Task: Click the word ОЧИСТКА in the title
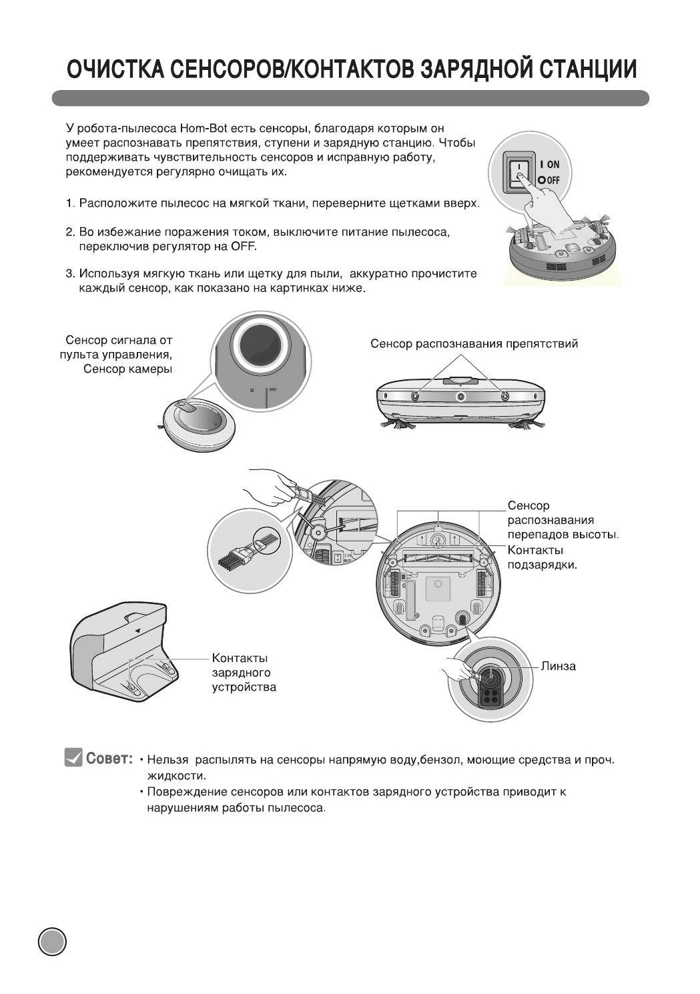coord(114,69)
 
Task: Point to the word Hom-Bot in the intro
coord(205,128)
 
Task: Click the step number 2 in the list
coord(69,232)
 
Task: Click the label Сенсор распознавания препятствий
coord(474,344)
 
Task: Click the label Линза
coord(559,666)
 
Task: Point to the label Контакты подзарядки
coord(541,557)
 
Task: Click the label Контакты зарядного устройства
coord(244,673)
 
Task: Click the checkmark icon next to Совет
coord(73,758)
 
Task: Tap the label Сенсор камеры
coord(127,369)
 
